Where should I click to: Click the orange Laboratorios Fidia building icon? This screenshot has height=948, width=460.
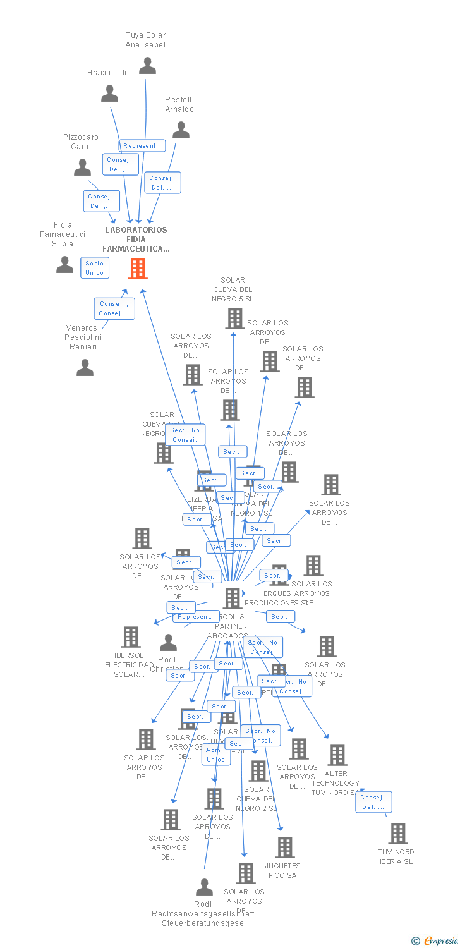tap(137, 269)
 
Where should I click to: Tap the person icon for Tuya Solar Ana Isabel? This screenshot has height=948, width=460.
tap(147, 66)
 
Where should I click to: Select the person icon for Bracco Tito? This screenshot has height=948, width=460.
tap(109, 94)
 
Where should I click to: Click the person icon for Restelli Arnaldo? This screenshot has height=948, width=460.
tap(181, 130)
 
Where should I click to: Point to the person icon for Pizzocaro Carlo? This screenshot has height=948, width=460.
tap(82, 167)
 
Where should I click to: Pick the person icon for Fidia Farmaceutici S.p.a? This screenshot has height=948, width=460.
tap(64, 265)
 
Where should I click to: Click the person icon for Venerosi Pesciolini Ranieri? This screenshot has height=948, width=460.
tap(85, 368)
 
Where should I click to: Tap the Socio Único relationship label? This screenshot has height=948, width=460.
tap(95, 268)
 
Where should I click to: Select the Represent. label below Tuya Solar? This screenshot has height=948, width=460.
tap(142, 146)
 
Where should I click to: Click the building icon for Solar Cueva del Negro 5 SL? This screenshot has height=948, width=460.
tap(234, 319)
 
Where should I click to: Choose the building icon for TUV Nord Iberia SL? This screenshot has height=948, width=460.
tap(397, 834)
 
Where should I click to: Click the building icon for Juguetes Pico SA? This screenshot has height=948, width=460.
tap(285, 848)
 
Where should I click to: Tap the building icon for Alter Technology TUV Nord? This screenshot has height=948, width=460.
tap(337, 755)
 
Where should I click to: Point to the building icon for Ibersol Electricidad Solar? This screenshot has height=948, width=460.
tap(131, 637)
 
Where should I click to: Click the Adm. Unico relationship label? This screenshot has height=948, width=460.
tap(215, 755)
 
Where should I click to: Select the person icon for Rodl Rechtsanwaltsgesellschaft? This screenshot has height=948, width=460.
tap(203, 887)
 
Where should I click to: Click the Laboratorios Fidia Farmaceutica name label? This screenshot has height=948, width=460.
tap(136, 240)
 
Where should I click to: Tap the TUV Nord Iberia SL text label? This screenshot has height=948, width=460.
tap(396, 856)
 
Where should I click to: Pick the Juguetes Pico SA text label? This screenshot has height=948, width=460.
tap(282, 870)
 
